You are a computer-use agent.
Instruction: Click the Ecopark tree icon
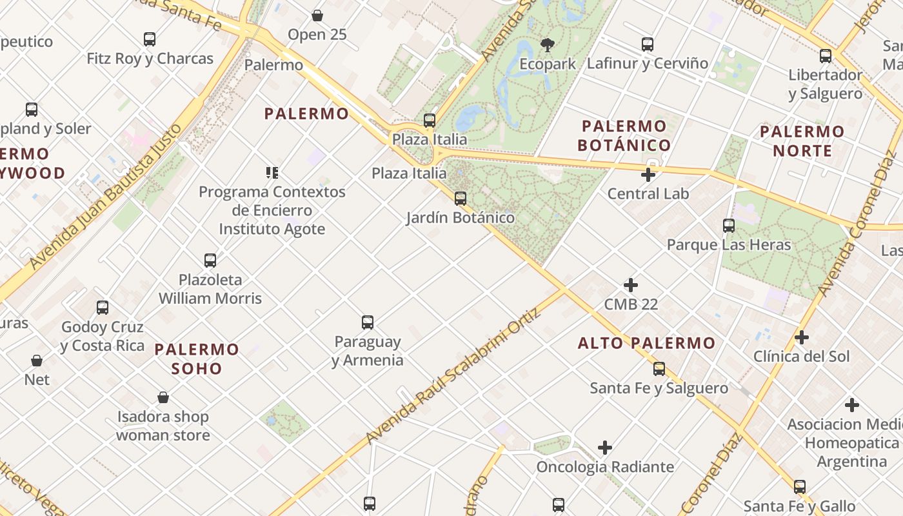547,45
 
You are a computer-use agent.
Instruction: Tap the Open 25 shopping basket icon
317,15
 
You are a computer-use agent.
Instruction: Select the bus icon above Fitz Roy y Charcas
150,39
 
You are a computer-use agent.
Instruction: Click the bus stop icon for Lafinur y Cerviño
648,45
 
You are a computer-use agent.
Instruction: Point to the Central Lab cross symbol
648,175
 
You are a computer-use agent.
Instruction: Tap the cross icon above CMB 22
631,285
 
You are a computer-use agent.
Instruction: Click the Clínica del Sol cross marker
802,337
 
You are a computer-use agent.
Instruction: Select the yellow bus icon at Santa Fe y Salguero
659,369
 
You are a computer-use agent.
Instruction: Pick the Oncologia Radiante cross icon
604,448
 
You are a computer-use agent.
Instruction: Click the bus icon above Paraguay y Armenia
368,322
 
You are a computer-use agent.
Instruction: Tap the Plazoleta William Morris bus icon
210,261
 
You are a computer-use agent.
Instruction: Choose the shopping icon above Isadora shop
163,397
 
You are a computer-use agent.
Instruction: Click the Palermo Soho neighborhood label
197,359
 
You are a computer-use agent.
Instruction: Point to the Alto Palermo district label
646,343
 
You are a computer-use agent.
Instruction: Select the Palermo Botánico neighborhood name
624,135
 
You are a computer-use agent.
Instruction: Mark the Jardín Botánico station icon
460,199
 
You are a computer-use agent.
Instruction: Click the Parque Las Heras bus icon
729,226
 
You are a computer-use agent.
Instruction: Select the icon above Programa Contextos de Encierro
272,172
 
